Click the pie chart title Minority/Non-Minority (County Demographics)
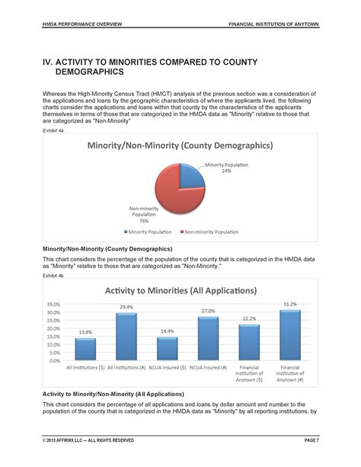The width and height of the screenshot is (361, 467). point(180,145)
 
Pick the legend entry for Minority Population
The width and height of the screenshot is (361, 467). point(149,232)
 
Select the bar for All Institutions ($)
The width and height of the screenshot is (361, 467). point(86,350)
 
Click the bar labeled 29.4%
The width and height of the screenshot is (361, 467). point(126,337)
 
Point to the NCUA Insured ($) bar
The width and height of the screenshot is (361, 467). point(168,349)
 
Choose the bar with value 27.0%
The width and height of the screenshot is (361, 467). point(208,339)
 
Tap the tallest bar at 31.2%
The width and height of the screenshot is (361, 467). point(289,335)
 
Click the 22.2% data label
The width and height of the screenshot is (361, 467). point(249,318)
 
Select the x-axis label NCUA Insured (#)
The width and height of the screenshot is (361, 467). point(208,368)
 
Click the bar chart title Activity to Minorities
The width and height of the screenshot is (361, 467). point(180,290)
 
